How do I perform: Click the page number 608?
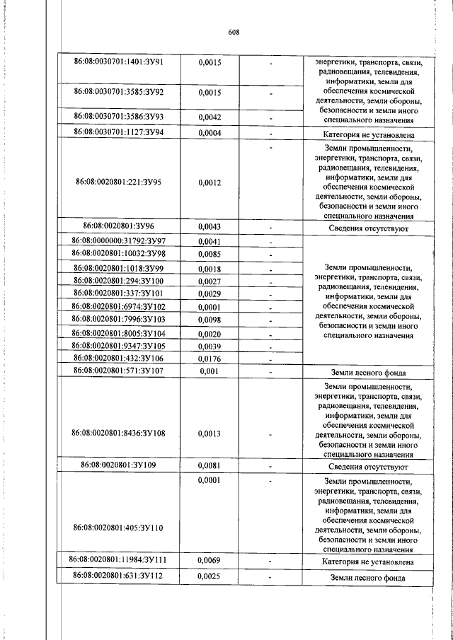235,32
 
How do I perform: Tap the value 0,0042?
210,117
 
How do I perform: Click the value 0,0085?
210,254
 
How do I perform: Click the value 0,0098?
210,320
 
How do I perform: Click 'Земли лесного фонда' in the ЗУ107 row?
368,371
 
